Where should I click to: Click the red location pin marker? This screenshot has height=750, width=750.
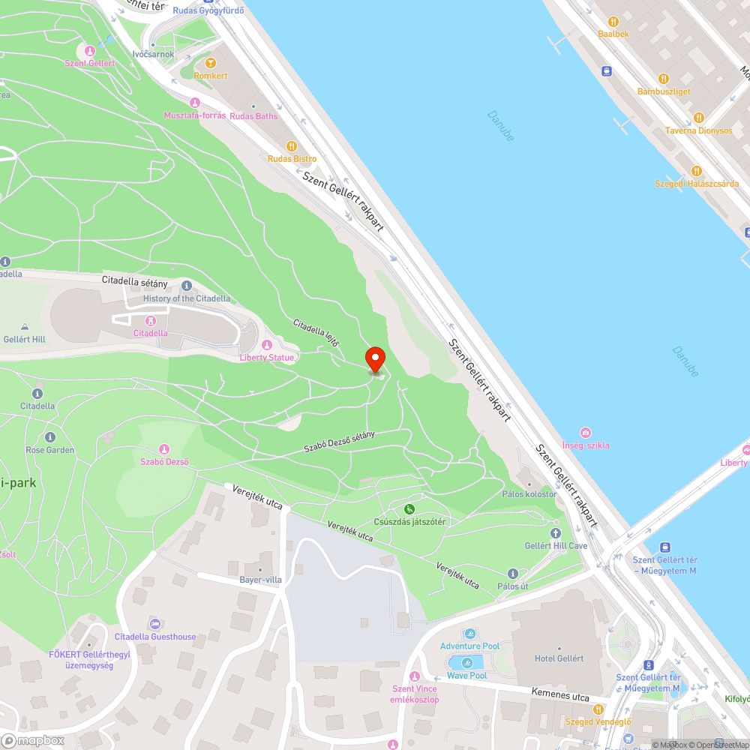[x=374, y=359]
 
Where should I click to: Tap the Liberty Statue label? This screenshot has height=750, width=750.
[x=266, y=358]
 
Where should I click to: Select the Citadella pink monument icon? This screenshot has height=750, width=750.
[x=151, y=319]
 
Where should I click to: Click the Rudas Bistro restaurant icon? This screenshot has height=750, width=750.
[x=292, y=145]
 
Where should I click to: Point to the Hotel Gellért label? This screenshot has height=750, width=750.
[x=559, y=658]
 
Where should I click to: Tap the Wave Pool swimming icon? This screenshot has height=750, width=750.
[x=467, y=662]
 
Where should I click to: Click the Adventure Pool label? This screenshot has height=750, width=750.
[x=469, y=646]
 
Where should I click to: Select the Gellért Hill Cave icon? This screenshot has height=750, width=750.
[x=556, y=532]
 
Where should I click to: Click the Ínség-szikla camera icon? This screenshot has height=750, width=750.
[x=586, y=432]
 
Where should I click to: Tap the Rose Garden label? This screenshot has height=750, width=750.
[x=50, y=450]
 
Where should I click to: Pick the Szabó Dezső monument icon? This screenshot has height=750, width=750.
[x=164, y=448]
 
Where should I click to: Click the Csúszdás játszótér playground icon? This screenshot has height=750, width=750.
[x=409, y=509]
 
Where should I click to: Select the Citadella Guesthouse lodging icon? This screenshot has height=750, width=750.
[x=155, y=624]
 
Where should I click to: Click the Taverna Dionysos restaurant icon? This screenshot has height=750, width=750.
[x=698, y=117]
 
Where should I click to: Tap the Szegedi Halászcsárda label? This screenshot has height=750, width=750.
[x=697, y=184]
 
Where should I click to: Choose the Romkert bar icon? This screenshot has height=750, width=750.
[x=210, y=63]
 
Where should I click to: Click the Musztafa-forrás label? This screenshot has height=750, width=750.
[x=195, y=115]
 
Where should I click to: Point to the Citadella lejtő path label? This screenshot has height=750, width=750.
[x=316, y=333]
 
